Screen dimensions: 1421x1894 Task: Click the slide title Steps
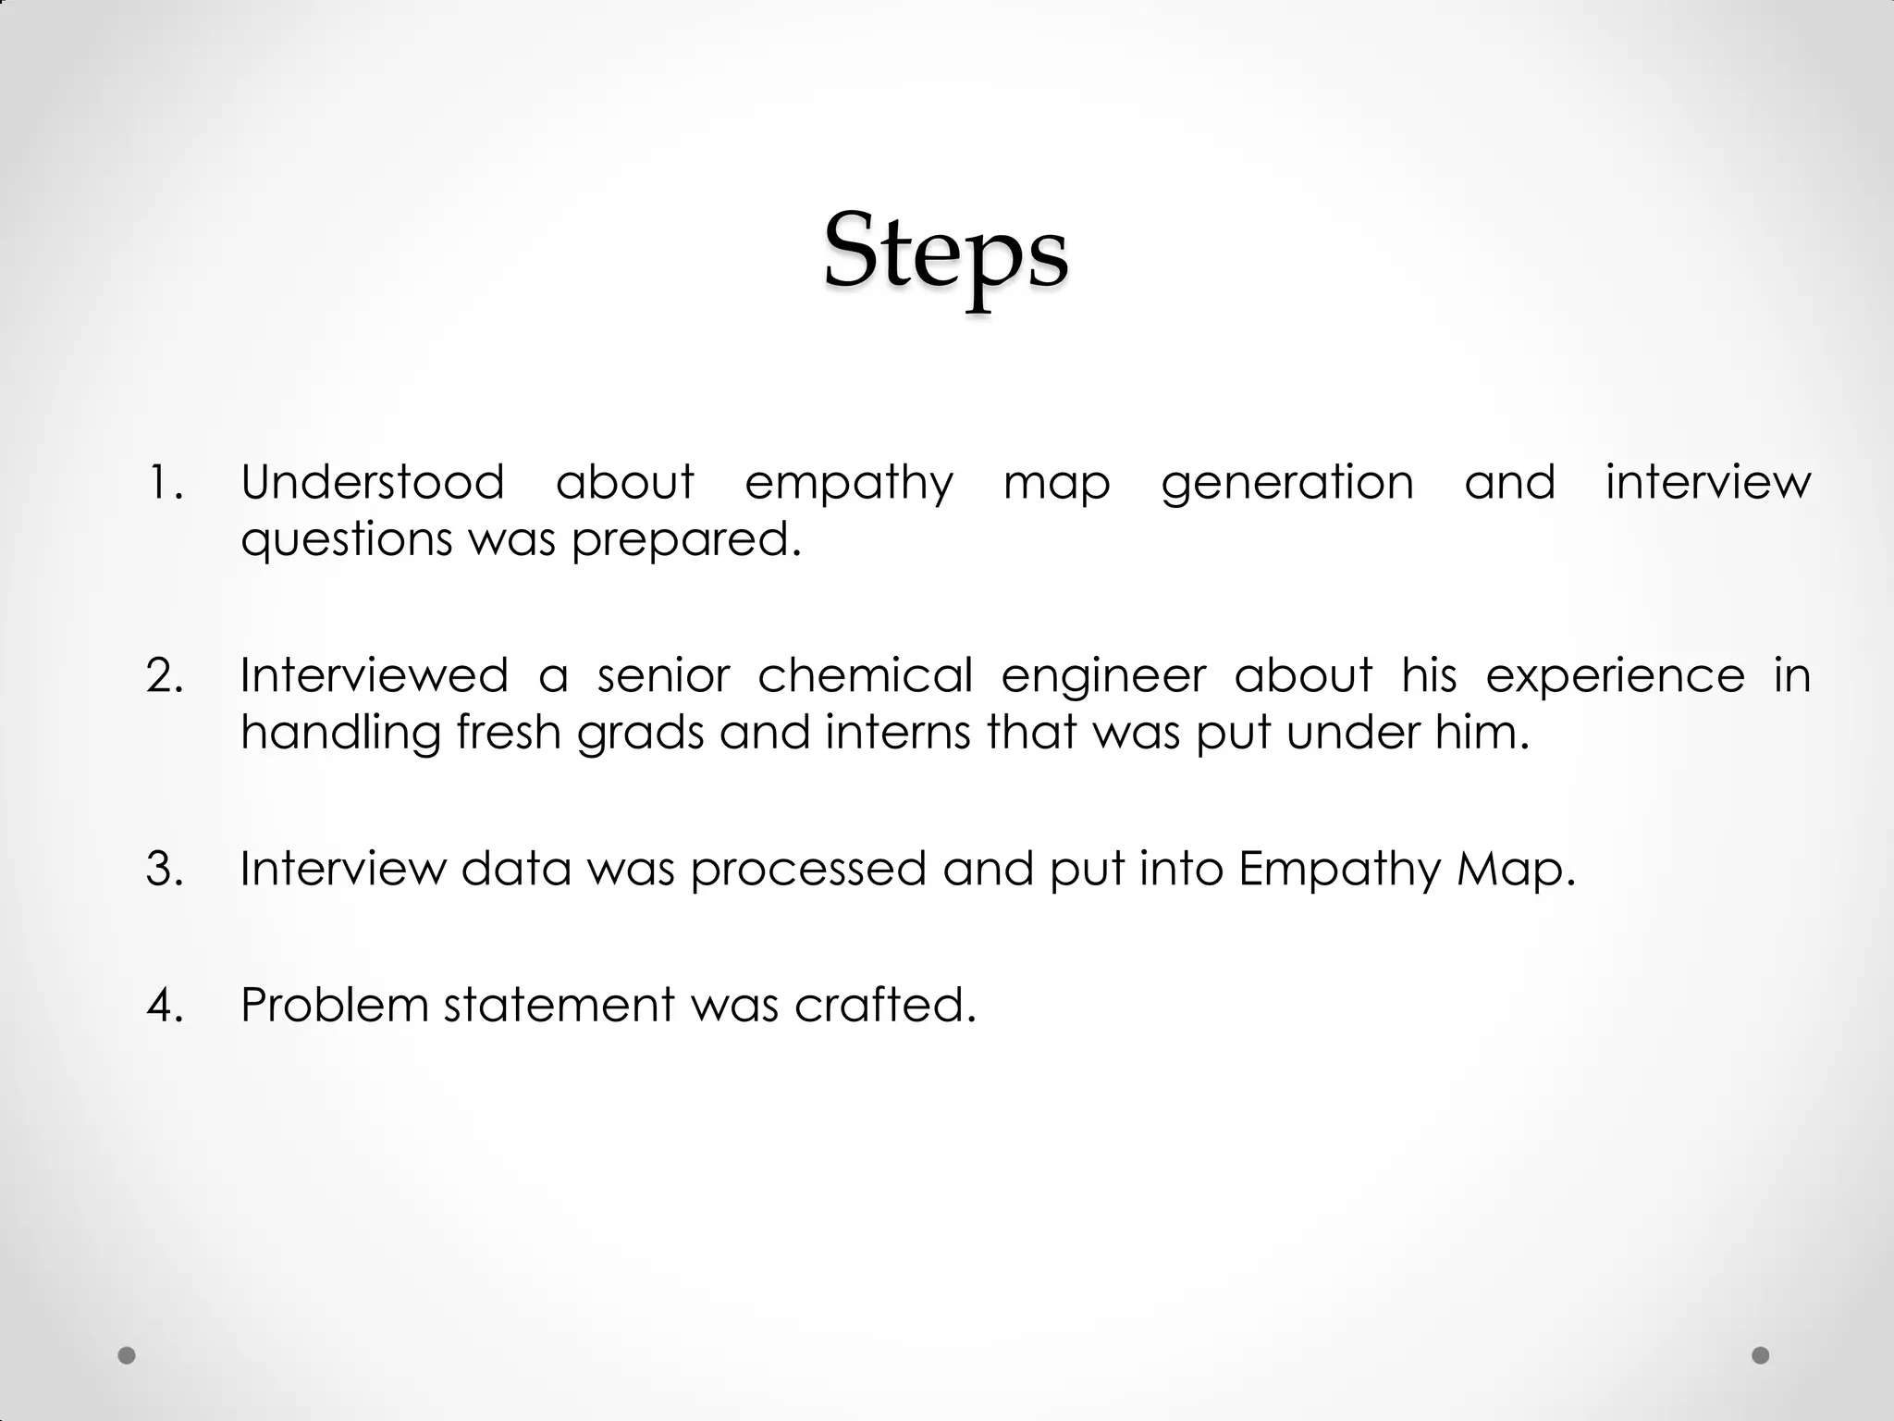point(945,252)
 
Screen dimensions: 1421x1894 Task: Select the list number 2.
point(165,675)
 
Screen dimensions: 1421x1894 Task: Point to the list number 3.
point(165,869)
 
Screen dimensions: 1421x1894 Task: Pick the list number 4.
point(165,1005)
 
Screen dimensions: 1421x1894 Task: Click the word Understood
point(372,483)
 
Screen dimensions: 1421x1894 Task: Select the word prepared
point(685,540)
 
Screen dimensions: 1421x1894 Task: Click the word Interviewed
point(374,675)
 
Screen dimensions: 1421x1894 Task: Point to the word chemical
point(865,675)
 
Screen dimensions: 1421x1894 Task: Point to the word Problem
point(334,1005)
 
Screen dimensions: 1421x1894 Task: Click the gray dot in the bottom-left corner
point(128,1355)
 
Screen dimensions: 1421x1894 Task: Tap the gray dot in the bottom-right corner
point(1760,1355)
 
